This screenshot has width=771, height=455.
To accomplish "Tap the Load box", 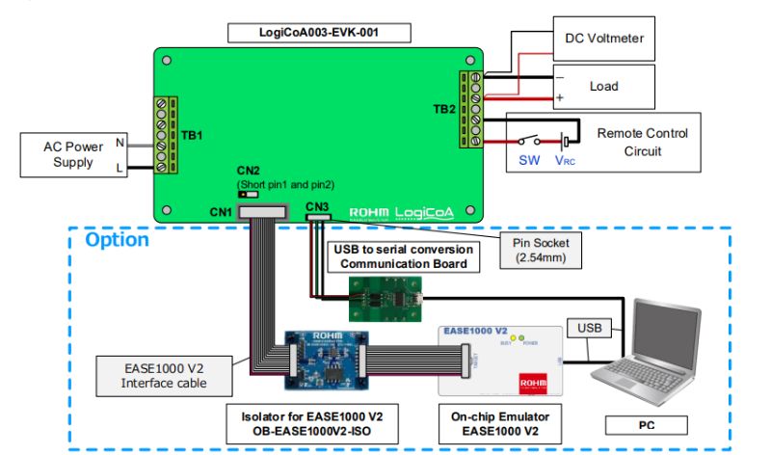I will pyautogui.click(x=603, y=87).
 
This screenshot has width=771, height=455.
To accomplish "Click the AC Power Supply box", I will pyautogui.click(x=68, y=155).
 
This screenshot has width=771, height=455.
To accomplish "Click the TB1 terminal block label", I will pyautogui.click(x=192, y=136).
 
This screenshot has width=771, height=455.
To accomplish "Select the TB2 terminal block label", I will pyautogui.click(x=445, y=109).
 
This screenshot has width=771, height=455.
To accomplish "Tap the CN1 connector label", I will pyautogui.click(x=221, y=210).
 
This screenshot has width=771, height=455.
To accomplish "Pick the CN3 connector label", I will pyautogui.click(x=317, y=206).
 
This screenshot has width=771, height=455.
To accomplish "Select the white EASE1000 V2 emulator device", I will pyautogui.click(x=500, y=359).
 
